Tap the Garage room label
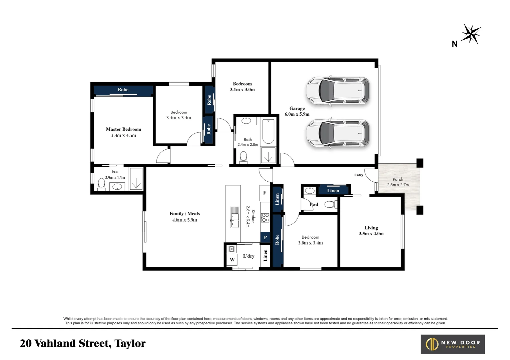click(x=297, y=111)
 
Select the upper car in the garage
click(x=338, y=91)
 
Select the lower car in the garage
click(x=338, y=133)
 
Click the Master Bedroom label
click(x=123, y=132)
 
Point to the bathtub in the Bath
click(x=268, y=132)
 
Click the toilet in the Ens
click(x=101, y=184)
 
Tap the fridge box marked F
click(x=265, y=193)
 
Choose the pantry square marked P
click(x=265, y=237)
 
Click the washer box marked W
click(x=232, y=260)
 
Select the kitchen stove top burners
click(x=265, y=218)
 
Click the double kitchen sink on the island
click(x=234, y=217)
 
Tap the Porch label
click(x=398, y=182)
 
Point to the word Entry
click(x=359, y=175)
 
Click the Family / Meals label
click(x=185, y=217)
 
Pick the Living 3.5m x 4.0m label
click(x=371, y=231)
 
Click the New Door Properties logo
click(x=453, y=344)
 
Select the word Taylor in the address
click(x=130, y=343)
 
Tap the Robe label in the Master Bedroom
click(x=123, y=90)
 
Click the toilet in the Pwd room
click(x=331, y=204)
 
